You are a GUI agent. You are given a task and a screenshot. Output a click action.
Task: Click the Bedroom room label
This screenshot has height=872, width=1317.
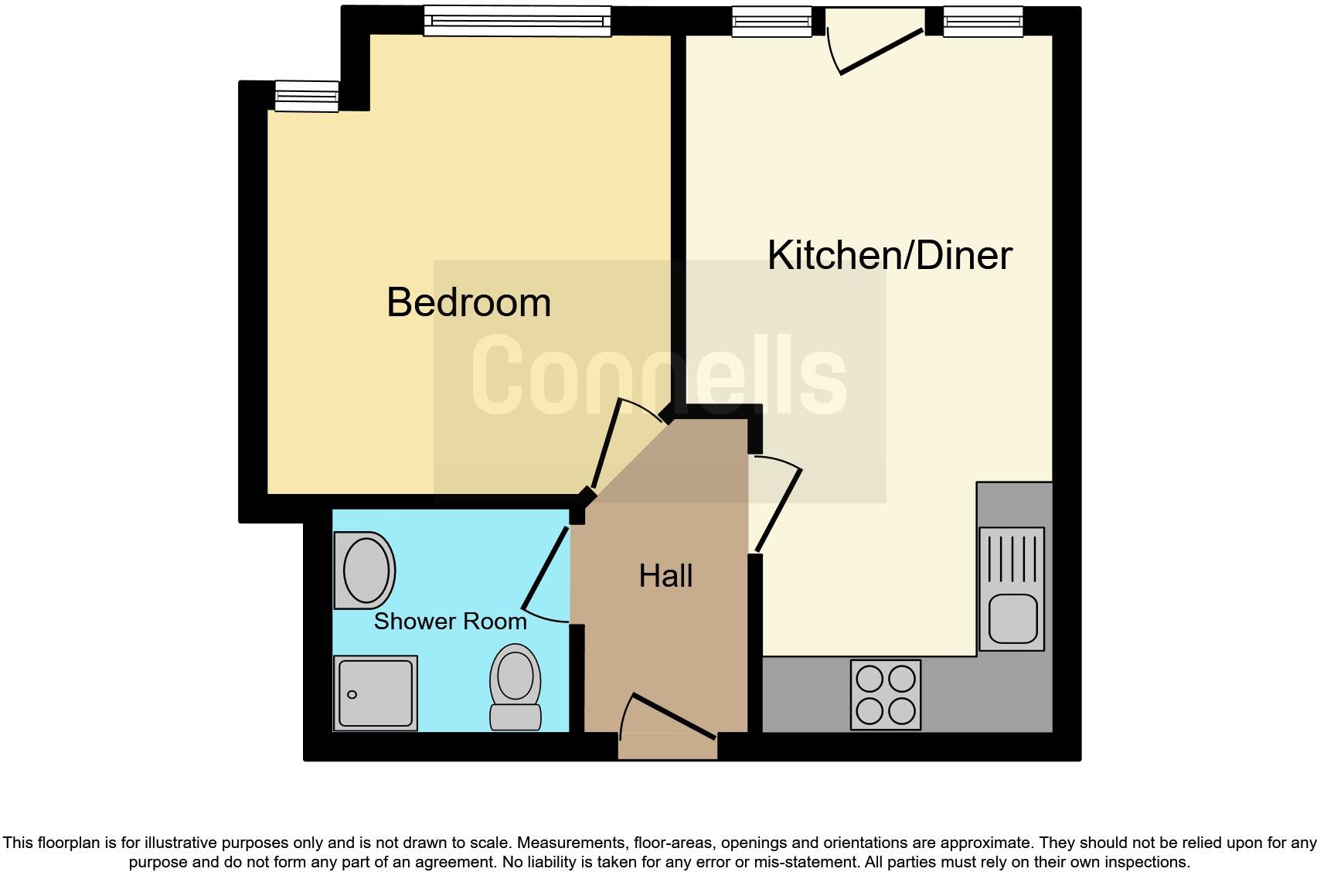pos(468,302)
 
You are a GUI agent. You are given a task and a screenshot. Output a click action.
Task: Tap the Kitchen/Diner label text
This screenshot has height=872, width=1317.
pos(889,255)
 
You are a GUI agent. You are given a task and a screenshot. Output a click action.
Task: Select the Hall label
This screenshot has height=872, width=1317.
pos(665,576)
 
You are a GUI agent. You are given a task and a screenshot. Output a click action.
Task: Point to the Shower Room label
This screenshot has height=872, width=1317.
pos(450,622)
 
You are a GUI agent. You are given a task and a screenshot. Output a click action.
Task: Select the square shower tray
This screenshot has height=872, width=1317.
pos(376,693)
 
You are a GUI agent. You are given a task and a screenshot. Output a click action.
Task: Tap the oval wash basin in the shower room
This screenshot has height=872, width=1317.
pos(366,571)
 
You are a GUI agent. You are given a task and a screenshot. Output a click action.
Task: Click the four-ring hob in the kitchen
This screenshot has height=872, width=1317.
pos(886,694)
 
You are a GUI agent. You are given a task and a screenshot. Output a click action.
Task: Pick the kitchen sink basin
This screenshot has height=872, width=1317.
pos(1012,618)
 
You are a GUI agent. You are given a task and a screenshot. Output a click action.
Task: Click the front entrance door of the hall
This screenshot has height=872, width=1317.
pos(669,721)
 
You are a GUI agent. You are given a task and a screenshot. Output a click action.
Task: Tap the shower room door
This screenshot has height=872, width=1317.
pos(547,569)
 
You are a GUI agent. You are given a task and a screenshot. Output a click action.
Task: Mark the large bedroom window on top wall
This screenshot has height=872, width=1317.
pos(517,21)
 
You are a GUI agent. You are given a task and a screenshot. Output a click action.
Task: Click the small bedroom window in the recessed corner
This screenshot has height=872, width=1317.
pos(307,97)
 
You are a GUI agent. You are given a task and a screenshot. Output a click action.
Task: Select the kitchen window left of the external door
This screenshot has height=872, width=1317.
pos(772,21)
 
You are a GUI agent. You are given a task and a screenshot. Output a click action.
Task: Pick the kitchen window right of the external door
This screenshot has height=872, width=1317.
pos(983,21)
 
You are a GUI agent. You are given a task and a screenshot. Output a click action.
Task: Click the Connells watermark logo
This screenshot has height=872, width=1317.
pos(658,375)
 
